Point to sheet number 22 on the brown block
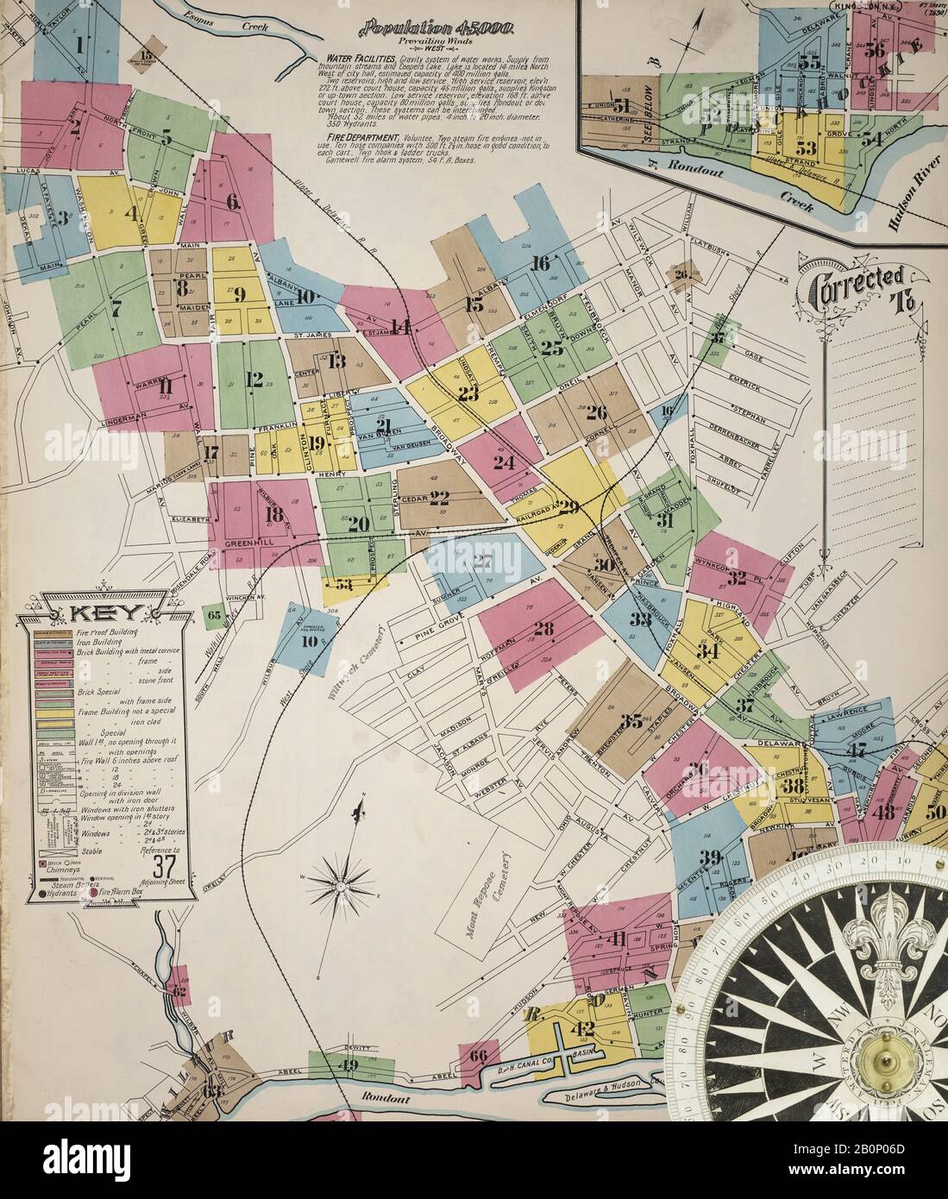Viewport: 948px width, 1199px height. click(440, 497)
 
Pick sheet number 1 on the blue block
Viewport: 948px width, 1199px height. click(79, 44)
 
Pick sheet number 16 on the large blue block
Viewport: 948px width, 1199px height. click(541, 264)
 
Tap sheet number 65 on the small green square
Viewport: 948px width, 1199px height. click(216, 615)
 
